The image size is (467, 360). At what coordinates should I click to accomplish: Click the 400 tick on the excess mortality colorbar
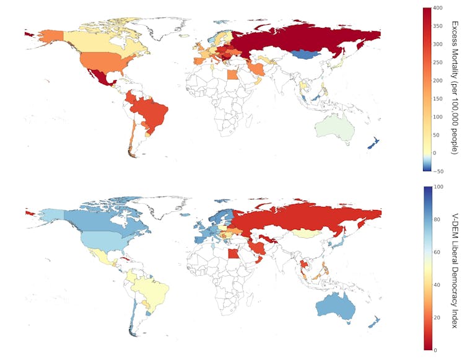437,8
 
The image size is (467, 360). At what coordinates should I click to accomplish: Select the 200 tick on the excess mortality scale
437,80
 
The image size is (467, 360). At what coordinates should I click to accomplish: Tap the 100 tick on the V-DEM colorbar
437,187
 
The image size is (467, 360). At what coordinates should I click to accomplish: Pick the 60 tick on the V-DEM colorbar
438,252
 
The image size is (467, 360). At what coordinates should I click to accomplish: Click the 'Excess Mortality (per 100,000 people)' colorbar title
456,89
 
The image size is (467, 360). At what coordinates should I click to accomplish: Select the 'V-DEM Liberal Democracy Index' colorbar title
456,267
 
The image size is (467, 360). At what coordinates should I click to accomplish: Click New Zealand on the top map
373,142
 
